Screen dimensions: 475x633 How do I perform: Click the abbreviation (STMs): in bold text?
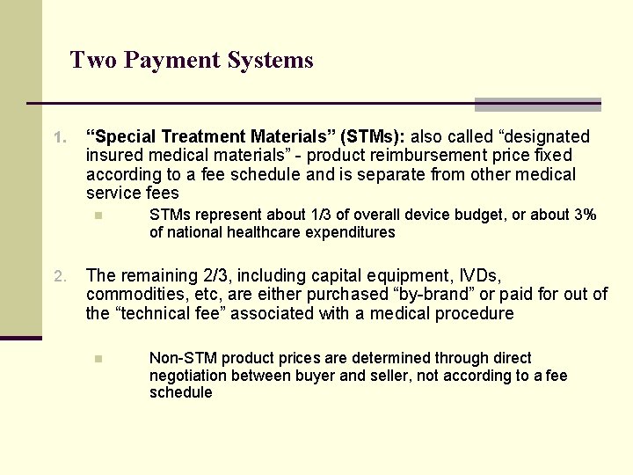click(375, 136)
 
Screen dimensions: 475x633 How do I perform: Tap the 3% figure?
click(583, 215)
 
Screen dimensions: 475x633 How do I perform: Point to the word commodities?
click(129, 295)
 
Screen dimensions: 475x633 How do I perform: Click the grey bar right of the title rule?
click(538, 105)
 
